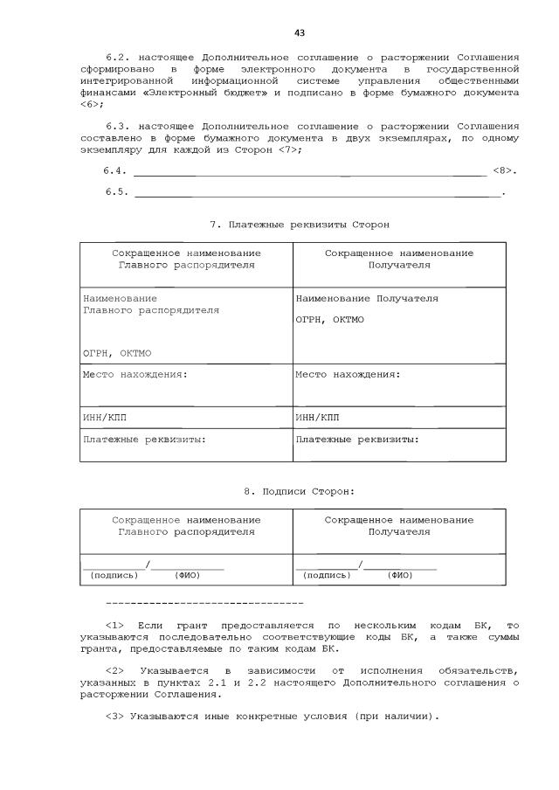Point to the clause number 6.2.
(116, 54)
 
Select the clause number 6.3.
(116, 125)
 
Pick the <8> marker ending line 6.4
(503, 170)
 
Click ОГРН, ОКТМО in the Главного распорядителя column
(117, 353)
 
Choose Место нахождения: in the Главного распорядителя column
(135, 375)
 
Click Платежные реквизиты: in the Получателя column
(356, 439)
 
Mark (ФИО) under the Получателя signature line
(399, 575)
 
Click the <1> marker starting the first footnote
(116, 626)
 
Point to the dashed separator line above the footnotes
(204, 604)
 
